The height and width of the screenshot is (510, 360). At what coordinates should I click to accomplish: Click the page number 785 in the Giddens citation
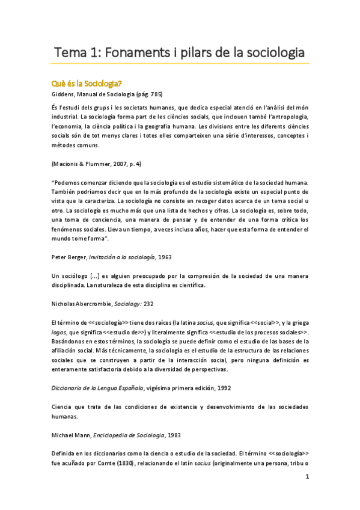(152, 94)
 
